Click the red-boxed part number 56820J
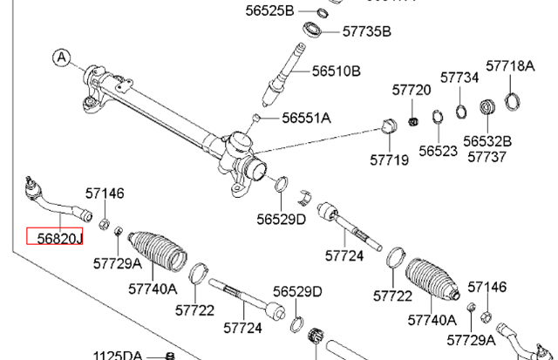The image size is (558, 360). (54, 236)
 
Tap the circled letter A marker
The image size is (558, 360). (60, 58)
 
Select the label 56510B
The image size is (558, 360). (336, 71)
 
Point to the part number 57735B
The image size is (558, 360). (366, 31)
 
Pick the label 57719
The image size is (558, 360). (388, 160)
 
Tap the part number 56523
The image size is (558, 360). (438, 150)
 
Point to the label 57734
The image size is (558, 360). (459, 78)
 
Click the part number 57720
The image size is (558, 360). (412, 90)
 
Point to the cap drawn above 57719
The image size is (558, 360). (390, 127)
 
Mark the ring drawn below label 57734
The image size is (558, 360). (459, 111)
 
